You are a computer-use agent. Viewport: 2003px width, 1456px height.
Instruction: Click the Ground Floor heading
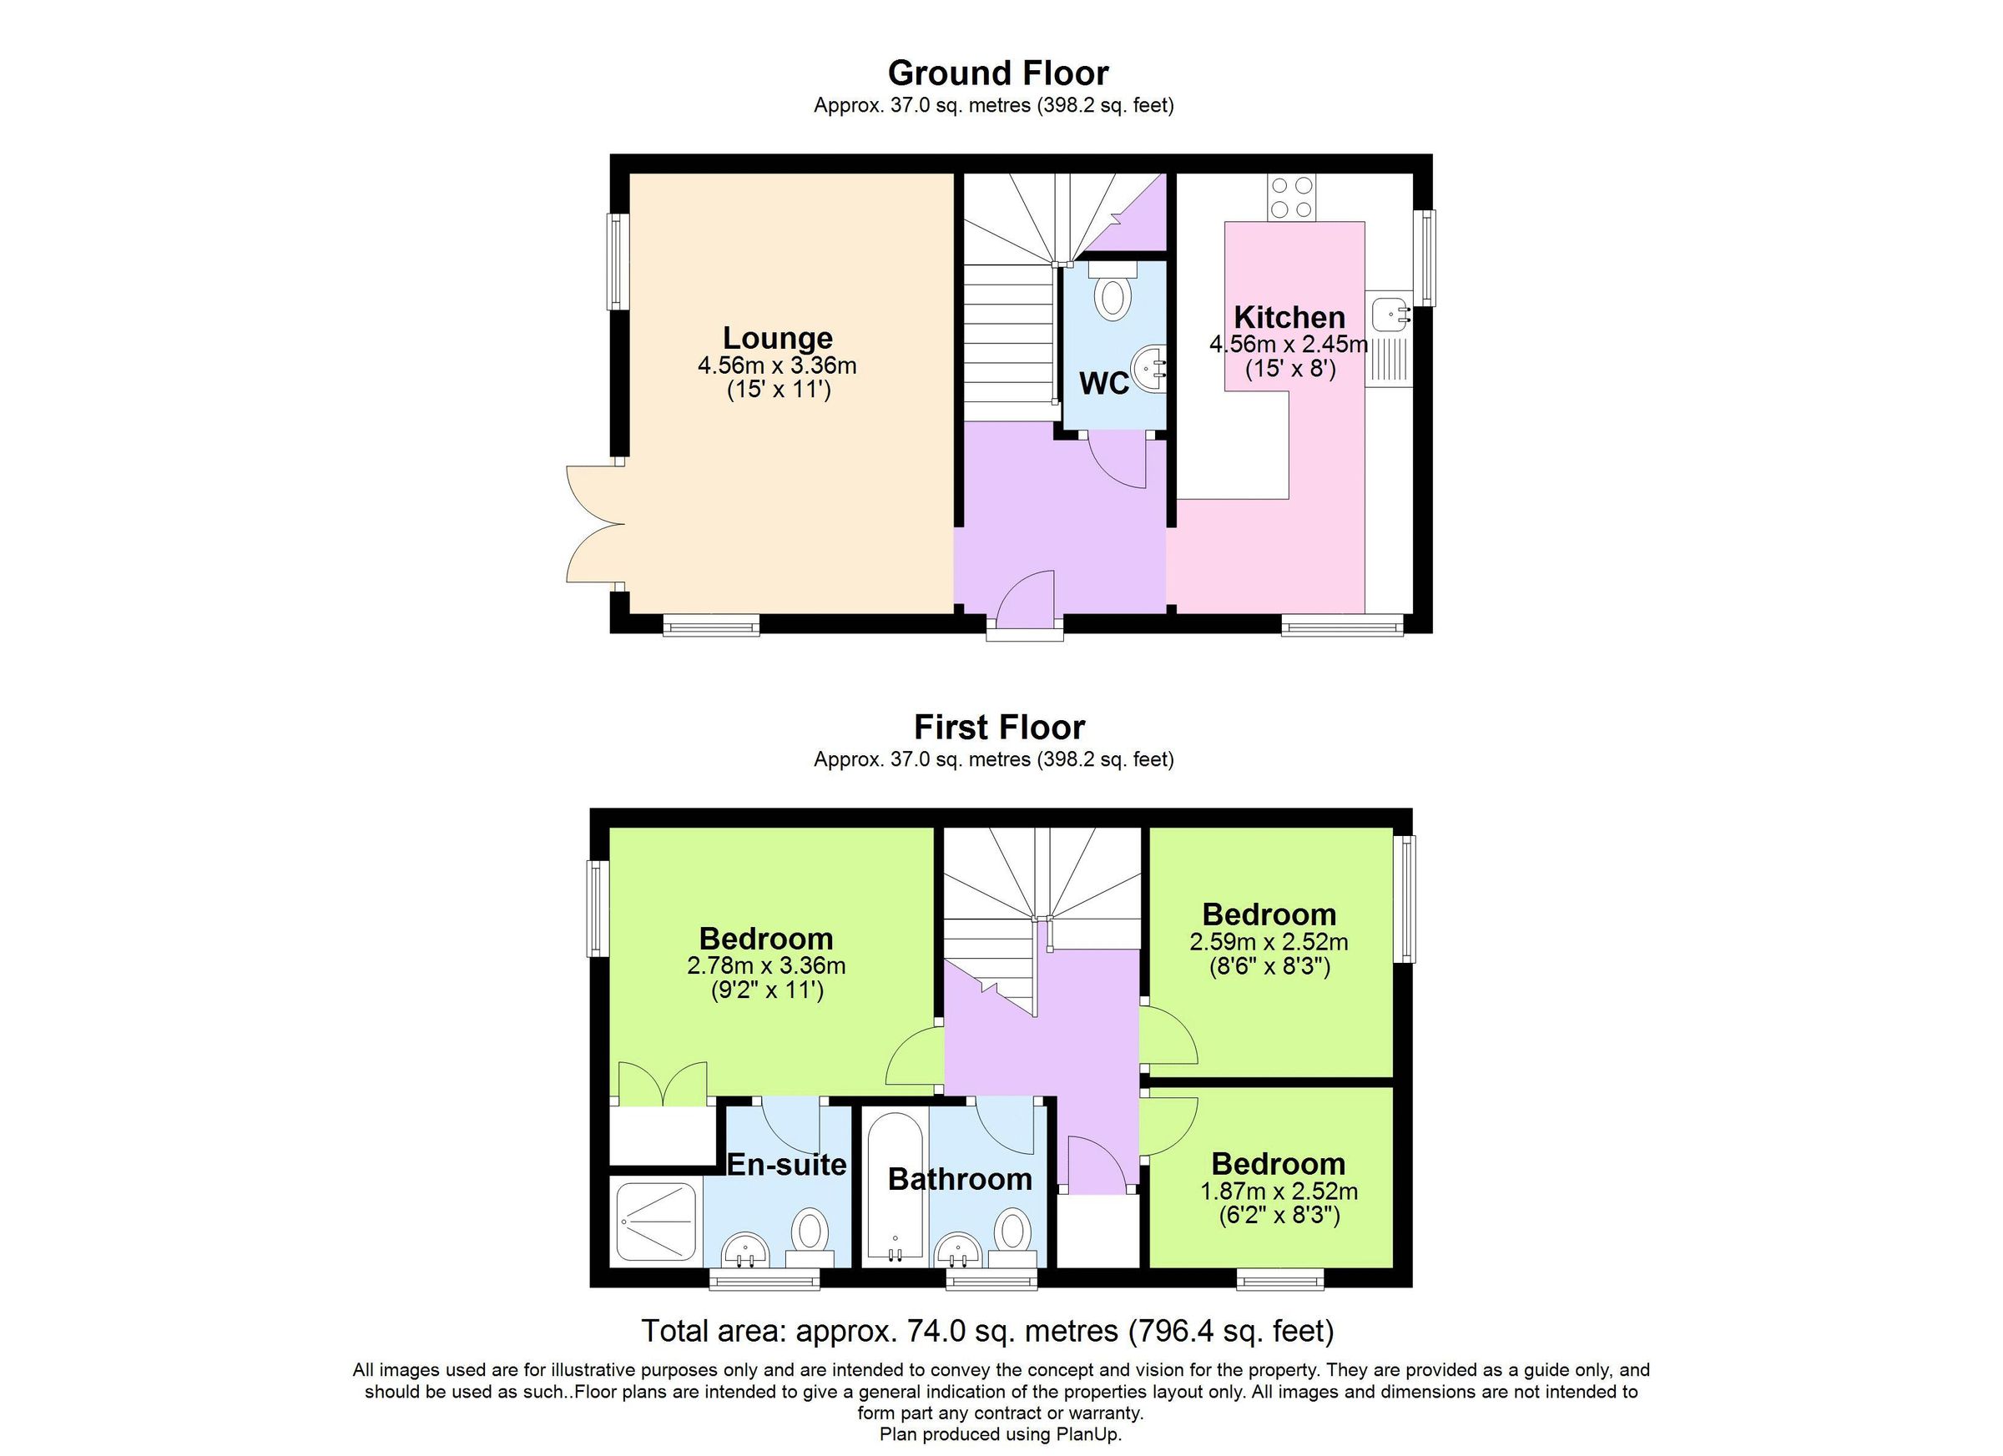point(998,73)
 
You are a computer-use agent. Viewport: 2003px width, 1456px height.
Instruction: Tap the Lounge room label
point(777,338)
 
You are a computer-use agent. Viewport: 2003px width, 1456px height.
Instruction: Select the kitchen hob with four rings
point(1292,197)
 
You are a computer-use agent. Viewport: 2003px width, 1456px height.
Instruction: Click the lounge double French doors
point(593,525)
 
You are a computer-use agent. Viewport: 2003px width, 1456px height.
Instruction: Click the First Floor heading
point(999,727)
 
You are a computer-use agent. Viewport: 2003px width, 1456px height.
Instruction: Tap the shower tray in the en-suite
point(656,1222)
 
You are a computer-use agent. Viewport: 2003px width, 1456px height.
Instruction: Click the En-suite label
point(786,1165)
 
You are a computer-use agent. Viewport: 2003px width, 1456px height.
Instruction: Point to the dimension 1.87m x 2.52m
point(1278,1192)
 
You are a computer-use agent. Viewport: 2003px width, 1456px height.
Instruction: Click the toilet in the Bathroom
point(1012,1234)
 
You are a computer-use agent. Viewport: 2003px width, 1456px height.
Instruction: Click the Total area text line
point(987,1330)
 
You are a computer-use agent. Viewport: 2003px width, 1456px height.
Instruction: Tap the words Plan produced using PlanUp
point(1000,1435)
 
